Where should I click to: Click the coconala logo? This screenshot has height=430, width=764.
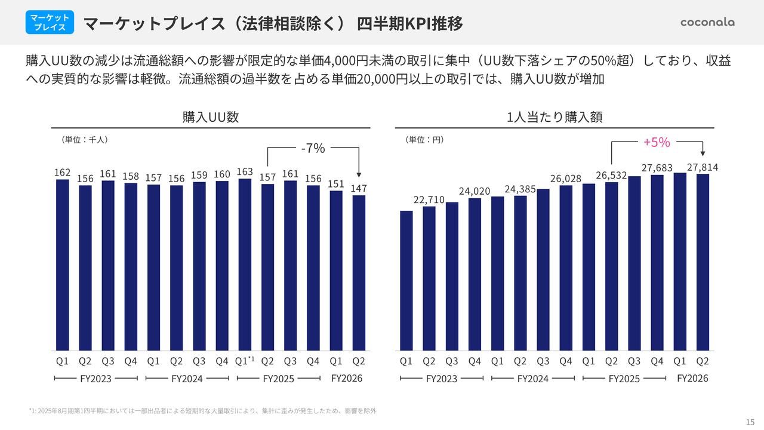coord(707,22)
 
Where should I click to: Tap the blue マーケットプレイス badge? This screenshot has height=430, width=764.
coord(50,22)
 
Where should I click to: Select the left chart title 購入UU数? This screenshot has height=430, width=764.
coord(211,117)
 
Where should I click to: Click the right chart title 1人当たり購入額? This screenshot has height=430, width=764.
coord(554,117)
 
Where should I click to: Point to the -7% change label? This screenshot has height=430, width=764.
coord(313,149)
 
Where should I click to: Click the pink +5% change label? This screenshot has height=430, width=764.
coord(657,142)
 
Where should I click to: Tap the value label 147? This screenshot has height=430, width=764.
coord(359,188)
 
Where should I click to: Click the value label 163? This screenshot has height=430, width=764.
coord(245,171)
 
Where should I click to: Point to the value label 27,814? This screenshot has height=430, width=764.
coord(702,168)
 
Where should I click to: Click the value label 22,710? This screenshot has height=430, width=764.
coord(429,199)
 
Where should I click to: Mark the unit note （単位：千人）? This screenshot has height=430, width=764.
coord(84,139)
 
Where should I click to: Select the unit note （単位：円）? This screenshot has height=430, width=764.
coord(424,139)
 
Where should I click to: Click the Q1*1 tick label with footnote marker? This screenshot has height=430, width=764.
coord(245,361)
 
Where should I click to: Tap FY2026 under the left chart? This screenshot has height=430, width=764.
coord(347,378)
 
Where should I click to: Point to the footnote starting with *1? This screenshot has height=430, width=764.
coord(202,411)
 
